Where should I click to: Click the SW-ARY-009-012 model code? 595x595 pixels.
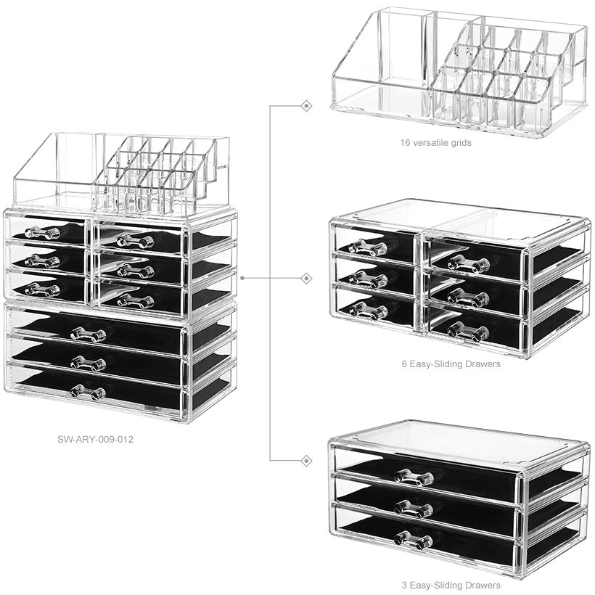95,440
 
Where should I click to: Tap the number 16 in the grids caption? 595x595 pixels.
405,143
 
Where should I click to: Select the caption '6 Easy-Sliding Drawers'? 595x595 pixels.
451,364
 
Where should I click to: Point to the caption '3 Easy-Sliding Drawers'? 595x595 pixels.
451,585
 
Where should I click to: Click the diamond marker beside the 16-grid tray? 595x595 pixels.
306,106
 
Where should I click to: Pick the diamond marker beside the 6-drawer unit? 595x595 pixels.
306,279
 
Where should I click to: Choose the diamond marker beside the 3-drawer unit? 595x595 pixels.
306,461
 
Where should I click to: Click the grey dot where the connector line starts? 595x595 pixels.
242,278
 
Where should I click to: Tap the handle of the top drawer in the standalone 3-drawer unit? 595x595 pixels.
414,477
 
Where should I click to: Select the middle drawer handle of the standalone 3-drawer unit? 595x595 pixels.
414,509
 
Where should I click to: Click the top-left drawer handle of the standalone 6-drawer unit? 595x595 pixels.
368,247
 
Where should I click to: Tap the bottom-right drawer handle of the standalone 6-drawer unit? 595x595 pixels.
468,332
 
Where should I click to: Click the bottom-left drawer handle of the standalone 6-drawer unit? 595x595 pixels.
368,311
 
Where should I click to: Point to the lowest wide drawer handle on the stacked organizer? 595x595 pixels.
88,393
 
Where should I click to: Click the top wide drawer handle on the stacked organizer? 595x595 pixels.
88,335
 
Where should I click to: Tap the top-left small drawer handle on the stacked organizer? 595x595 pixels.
42,232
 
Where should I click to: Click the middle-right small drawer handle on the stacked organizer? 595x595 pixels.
136,271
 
